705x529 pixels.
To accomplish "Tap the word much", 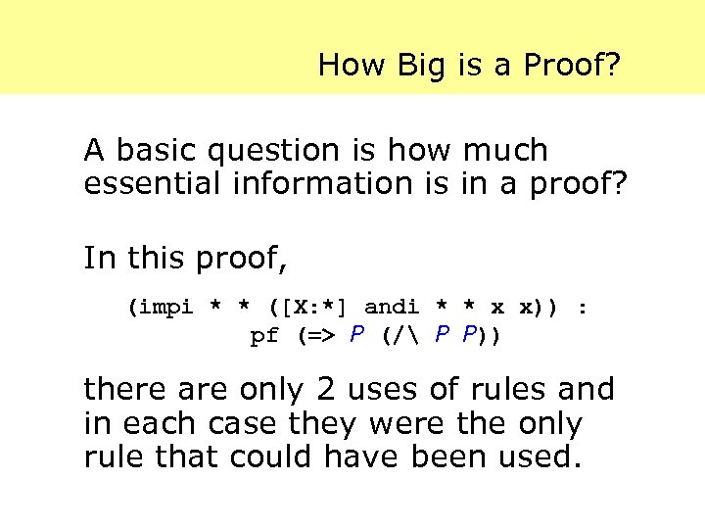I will [x=505, y=151].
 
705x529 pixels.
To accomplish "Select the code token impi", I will [x=167, y=308].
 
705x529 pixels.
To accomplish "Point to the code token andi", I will [x=392, y=307].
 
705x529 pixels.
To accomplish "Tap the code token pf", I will [x=265, y=337].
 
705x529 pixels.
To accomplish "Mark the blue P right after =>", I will [x=358, y=336].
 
